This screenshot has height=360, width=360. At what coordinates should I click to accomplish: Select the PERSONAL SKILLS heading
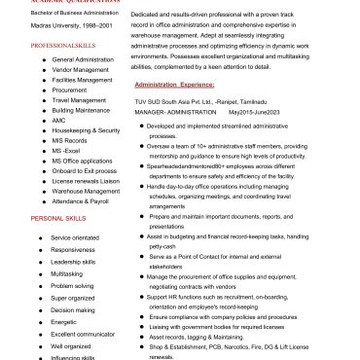pos(60,219)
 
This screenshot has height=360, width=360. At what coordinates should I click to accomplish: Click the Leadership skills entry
pos(73,262)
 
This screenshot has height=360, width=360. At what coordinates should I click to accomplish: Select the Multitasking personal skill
pos(67,274)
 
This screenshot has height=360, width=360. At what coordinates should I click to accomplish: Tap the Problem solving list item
pos(73,287)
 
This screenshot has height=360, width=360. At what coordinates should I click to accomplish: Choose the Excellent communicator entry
pos(82,333)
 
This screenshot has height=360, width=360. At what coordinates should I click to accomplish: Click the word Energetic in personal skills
pos(63,321)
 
